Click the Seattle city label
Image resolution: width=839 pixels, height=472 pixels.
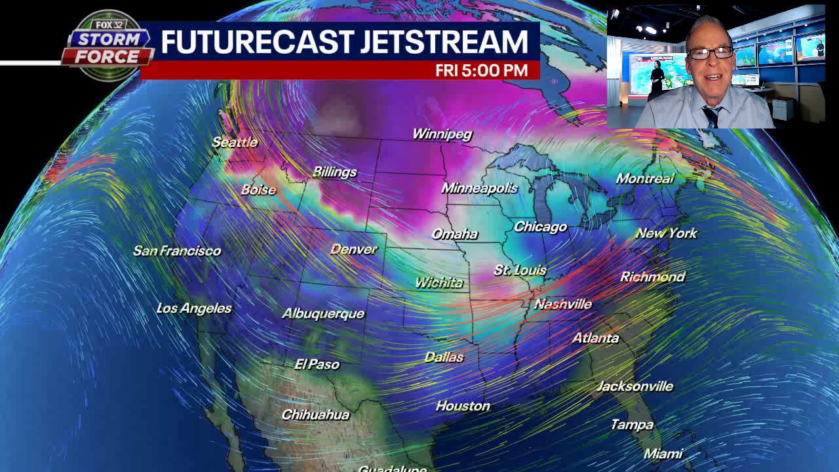click(x=235, y=142)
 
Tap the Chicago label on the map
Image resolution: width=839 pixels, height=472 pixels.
click(x=540, y=227)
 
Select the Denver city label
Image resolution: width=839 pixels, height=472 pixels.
click(x=354, y=249)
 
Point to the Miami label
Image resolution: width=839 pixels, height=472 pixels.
click(x=663, y=454)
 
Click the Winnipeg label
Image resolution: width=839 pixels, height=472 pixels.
click(x=442, y=134)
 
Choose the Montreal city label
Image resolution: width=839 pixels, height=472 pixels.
click(x=645, y=178)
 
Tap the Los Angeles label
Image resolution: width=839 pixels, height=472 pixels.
click(x=194, y=308)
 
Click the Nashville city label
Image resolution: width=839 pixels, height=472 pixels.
click(x=563, y=304)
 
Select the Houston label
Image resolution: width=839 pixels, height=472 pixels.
click(x=463, y=406)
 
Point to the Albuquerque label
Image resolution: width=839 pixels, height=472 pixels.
click(x=323, y=313)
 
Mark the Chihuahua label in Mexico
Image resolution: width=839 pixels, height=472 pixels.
click(x=315, y=415)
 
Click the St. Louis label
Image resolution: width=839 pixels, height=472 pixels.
click(x=520, y=270)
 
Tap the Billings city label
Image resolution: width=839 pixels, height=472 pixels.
click(x=335, y=172)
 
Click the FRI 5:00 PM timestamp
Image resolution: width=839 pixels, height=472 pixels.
click(x=482, y=71)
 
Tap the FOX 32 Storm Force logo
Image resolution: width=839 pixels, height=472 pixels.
click(x=106, y=46)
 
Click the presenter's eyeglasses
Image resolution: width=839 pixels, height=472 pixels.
click(x=710, y=53)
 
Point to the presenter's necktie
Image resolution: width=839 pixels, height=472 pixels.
click(x=712, y=116)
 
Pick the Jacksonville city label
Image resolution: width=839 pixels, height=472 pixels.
click(x=634, y=386)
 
